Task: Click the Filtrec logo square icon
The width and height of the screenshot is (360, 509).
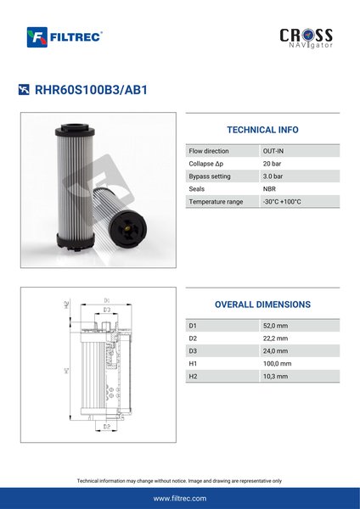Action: (37, 37)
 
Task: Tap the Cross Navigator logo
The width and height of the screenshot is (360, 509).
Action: (306, 38)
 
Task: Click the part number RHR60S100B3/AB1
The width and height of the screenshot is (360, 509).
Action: (91, 90)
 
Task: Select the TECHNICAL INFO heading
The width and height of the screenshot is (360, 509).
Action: (262, 130)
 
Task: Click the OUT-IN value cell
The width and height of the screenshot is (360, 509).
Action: (273, 151)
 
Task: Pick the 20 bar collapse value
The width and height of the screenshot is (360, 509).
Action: (272, 164)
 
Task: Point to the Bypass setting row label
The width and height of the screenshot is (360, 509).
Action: (210, 176)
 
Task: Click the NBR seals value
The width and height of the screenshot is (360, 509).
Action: (269, 189)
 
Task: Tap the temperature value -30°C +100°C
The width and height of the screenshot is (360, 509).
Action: (282, 202)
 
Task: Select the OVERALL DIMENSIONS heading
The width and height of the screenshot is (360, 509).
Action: (262, 305)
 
